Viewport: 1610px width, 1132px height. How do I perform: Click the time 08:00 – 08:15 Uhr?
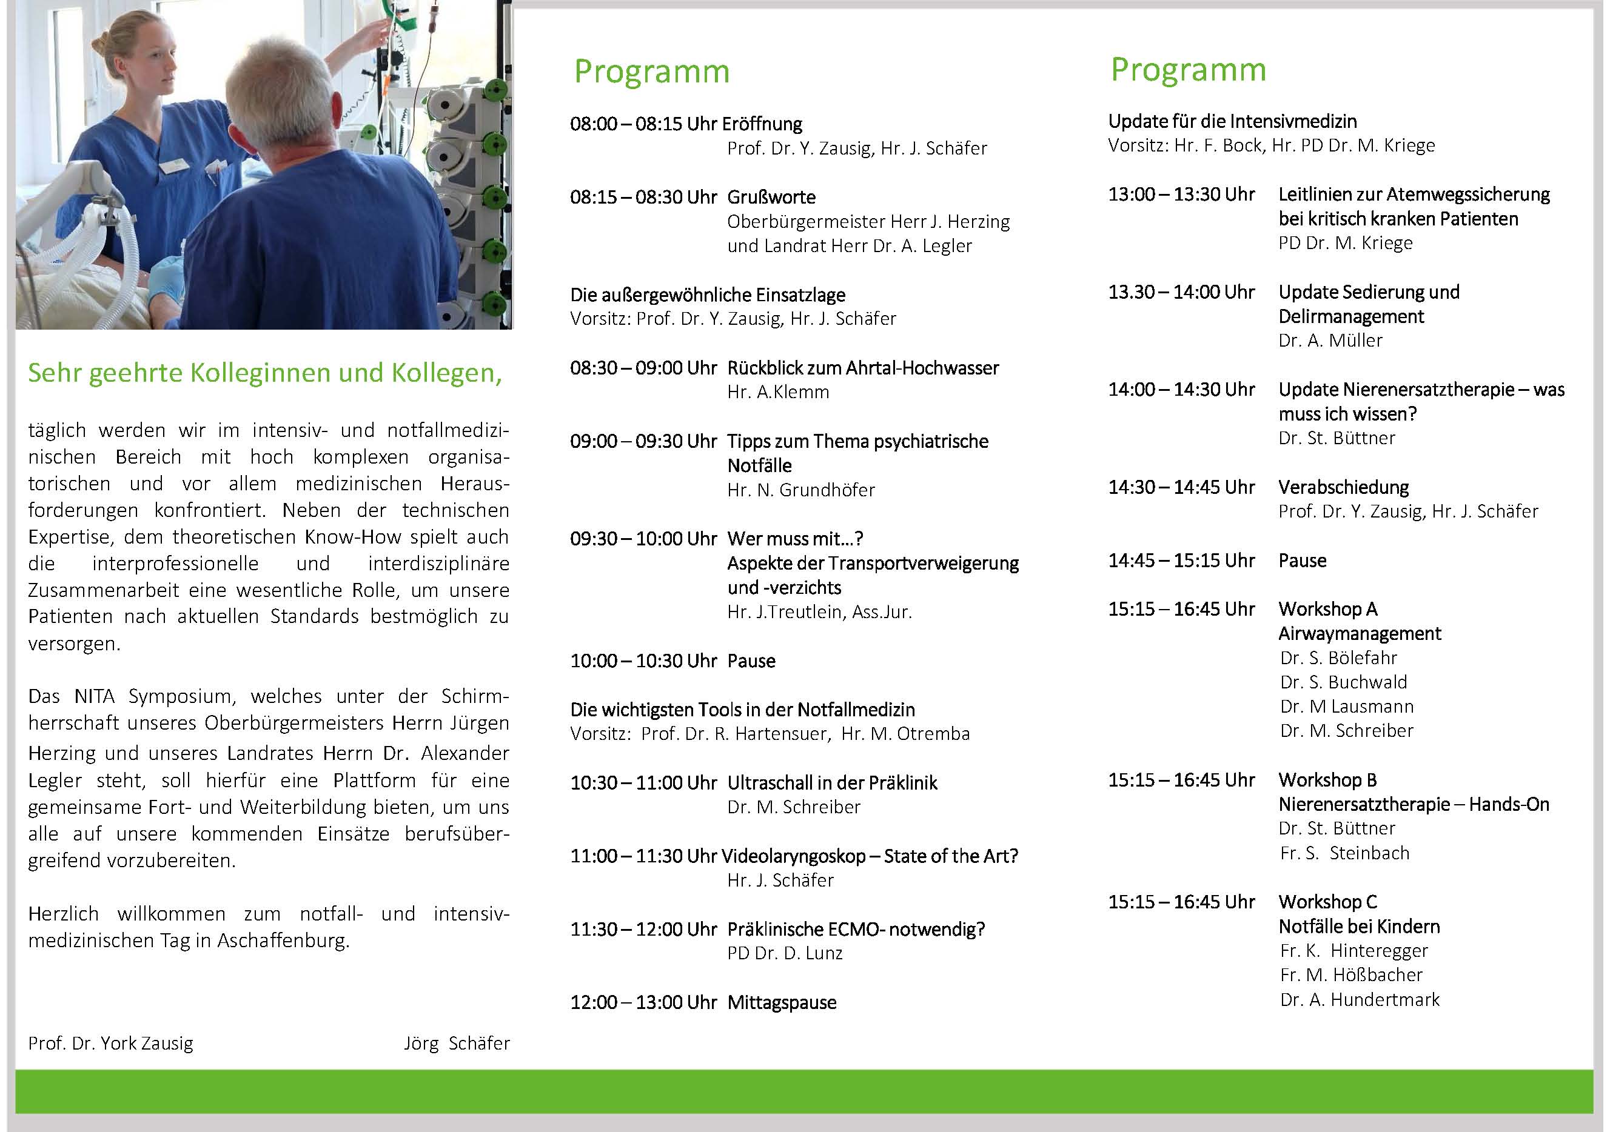[643, 124]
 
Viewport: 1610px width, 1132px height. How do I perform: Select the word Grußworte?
[771, 197]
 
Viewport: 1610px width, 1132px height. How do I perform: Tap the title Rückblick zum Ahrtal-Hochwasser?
[862, 368]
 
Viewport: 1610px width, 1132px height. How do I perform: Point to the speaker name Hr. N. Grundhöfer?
[801, 490]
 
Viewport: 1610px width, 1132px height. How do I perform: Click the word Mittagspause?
[782, 1002]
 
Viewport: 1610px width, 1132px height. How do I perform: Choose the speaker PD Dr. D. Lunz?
[785, 953]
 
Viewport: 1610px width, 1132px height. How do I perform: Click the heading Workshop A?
[1327, 609]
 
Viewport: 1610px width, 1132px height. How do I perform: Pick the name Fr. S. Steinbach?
[1344, 853]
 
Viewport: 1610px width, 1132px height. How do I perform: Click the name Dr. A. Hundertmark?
[1359, 999]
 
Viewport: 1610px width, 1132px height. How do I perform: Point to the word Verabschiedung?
[1343, 487]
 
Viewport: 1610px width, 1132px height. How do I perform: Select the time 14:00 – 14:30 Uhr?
[1181, 390]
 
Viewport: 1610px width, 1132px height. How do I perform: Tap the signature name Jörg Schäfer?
[457, 1043]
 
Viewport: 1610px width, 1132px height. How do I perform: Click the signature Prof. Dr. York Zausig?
[111, 1043]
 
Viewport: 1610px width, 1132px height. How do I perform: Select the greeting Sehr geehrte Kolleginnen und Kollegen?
[265, 373]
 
